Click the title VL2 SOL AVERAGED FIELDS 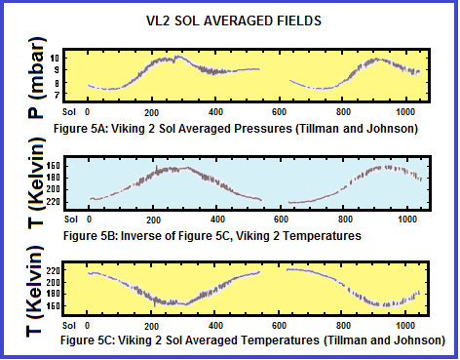[x=234, y=20]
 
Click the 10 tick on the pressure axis [x=55, y=59]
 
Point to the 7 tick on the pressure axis [x=57, y=96]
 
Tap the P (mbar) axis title [x=36, y=77]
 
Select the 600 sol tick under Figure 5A [x=279, y=112]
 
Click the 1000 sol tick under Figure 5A [x=405, y=112]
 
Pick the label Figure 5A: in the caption [x=81, y=129]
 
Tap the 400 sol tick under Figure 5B [x=217, y=220]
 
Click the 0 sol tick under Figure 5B [x=90, y=220]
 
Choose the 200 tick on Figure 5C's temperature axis [x=53, y=283]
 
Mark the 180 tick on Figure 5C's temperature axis [x=53, y=294]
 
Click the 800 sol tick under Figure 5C [x=343, y=326]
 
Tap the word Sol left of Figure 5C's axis [x=69, y=326]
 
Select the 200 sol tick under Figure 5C [x=151, y=326]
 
